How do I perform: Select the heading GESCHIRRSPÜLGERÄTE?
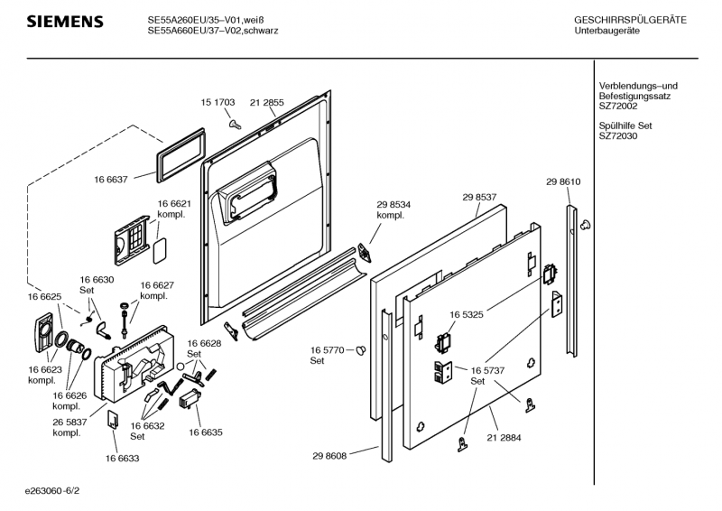tap(630, 20)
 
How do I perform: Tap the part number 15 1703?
tap(217, 104)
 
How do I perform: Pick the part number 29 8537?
tap(480, 197)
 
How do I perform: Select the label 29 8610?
tap(562, 182)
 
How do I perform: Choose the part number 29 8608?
tap(332, 457)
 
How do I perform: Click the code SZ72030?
tap(618, 136)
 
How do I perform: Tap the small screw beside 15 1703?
tap(234, 122)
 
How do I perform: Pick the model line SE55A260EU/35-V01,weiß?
tap(212, 19)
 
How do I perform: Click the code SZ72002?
tap(618, 106)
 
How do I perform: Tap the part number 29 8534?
tap(393, 205)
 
